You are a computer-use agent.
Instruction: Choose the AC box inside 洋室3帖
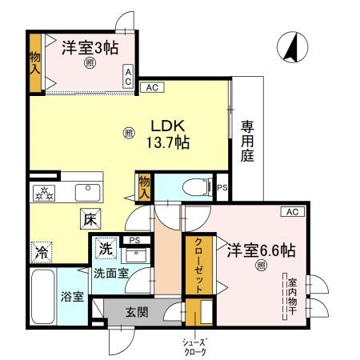(127, 76)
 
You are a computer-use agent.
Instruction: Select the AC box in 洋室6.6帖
(290, 211)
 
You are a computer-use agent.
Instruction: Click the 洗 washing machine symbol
(105, 249)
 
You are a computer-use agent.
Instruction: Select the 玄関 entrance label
(136, 312)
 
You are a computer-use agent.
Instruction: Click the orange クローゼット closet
(195, 267)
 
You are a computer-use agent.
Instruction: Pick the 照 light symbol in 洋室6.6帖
(260, 266)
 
